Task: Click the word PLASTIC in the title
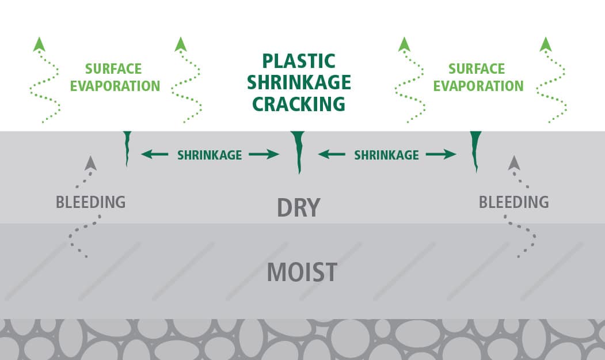[x=298, y=61]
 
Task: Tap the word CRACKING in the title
[x=298, y=104]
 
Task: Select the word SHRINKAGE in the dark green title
[x=298, y=82]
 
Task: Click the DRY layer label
[x=298, y=208]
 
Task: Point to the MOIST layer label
[x=302, y=272]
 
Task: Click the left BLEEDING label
[x=90, y=202]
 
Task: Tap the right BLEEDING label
[x=513, y=202]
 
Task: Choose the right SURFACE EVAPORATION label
[x=478, y=78]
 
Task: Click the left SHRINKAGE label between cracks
[x=210, y=155]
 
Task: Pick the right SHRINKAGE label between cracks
[x=386, y=155]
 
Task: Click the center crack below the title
[x=298, y=151]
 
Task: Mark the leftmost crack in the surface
[x=127, y=147]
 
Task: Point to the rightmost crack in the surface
[x=475, y=150]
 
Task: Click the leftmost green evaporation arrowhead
[x=39, y=44]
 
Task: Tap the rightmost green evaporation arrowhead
[x=545, y=44]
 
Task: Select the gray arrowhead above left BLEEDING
[x=90, y=163]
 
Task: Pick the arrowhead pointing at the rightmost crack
[x=452, y=154]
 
